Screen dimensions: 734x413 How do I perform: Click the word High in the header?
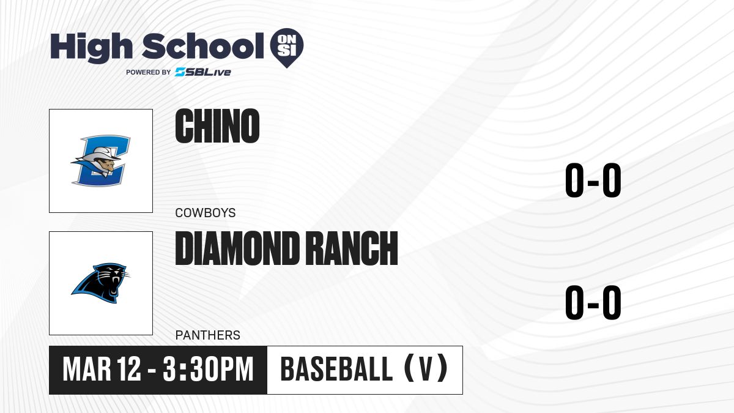[92, 47]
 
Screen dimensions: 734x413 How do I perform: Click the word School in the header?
[203, 47]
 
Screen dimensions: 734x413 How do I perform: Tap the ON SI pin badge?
[287, 48]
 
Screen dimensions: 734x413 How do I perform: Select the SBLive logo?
[203, 72]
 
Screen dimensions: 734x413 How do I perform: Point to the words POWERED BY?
[149, 72]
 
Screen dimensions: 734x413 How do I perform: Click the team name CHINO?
[217, 126]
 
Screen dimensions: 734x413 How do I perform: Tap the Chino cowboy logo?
[100, 160]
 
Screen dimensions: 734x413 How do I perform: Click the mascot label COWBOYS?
[206, 213]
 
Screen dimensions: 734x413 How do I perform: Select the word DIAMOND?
[237, 248]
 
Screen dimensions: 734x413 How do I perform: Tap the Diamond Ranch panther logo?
[100, 283]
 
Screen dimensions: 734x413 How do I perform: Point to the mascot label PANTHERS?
[208, 335]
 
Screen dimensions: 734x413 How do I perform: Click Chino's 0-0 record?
[593, 180]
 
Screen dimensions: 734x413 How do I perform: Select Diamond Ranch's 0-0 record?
[593, 302]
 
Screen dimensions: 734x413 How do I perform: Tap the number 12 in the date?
[129, 370]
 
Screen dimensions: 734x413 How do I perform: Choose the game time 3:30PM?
[209, 370]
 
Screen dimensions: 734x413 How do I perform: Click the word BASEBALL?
[336, 370]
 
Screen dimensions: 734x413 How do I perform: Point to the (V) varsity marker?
[426, 368]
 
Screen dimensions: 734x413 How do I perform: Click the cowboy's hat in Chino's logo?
[100, 154]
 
